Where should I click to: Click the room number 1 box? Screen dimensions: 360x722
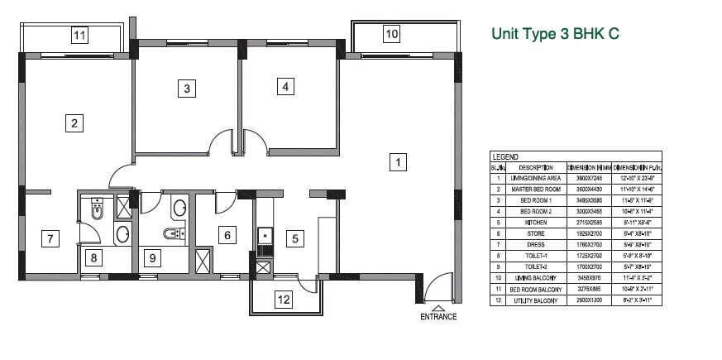(x=398, y=163)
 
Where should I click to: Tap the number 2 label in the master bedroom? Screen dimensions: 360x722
(x=74, y=124)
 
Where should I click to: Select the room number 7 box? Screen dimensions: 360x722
(x=50, y=239)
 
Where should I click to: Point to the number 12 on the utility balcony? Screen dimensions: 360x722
(x=284, y=300)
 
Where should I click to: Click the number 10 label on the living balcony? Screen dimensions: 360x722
(x=391, y=34)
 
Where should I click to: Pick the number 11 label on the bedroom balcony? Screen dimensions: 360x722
(x=79, y=36)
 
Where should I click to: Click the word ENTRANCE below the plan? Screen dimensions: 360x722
(x=438, y=317)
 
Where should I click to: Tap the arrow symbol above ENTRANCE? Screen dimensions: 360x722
(x=438, y=308)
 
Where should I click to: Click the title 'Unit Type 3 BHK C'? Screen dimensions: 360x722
(x=555, y=34)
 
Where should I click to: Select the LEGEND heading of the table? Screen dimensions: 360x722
(x=504, y=156)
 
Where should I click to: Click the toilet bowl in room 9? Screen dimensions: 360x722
(x=172, y=234)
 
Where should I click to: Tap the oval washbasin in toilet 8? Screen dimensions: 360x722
(x=122, y=234)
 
